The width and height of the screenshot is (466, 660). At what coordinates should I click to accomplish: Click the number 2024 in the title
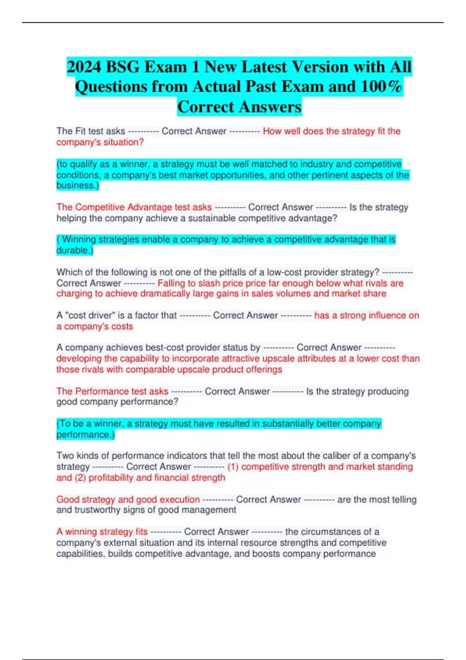pyautogui.click(x=84, y=67)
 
